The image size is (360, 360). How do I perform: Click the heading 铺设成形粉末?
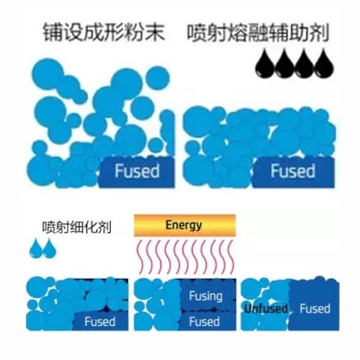pos(103,33)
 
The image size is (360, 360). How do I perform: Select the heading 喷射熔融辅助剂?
pos(258,33)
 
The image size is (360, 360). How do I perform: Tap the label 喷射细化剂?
pos(77,227)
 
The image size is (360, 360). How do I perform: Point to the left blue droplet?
pos(36,247)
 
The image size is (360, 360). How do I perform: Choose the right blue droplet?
pos(49,247)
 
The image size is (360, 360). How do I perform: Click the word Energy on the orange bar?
pos(184,225)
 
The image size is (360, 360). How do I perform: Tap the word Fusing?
pos(206,296)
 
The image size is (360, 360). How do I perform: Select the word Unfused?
pos(266,308)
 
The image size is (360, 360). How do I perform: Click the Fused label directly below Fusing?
pos(204,321)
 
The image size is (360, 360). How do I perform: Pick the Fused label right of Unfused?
pos(315,308)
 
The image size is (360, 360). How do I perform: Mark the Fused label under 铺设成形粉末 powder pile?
pos(137,171)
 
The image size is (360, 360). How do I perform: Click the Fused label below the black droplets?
pos(293,171)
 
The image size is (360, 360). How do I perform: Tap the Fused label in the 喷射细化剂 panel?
pos(100,322)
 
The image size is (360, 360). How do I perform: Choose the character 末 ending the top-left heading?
pos(155,33)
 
